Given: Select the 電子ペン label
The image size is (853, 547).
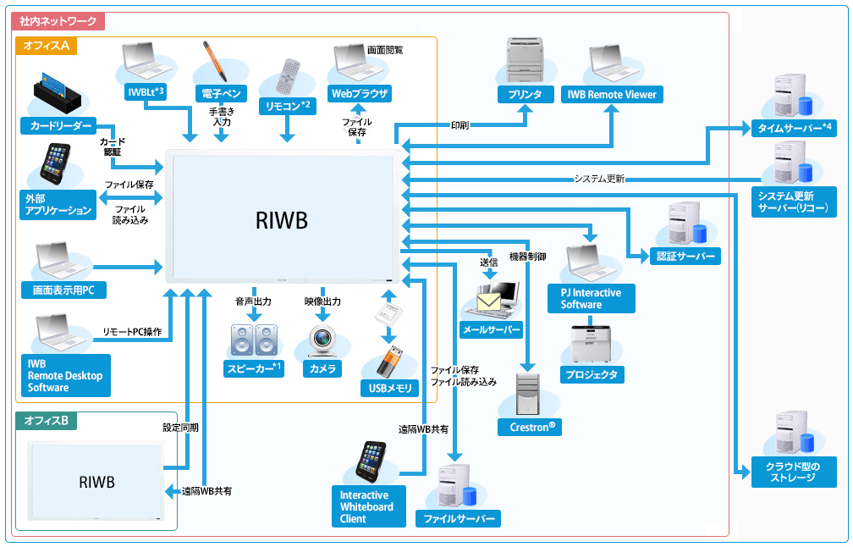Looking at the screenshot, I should pos(220,92).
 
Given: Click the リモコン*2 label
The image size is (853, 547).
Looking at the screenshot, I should pos(289,106).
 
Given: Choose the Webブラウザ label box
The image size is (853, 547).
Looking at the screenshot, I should pos(360,93).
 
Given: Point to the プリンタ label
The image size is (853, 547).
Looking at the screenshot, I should pos(526,94).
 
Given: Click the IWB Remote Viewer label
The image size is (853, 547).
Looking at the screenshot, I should pos(611,94).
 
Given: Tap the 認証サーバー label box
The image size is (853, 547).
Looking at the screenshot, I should pos(685,256).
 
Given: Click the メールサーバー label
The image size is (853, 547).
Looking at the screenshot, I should pos(491,329).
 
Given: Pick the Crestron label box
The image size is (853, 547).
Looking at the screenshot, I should pos(530,427).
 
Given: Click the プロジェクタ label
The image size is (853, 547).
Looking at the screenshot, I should pos(592,374).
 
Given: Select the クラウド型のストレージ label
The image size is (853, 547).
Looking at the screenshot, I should pos(792,472).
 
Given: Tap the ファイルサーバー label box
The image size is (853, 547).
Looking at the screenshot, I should pos(458,518).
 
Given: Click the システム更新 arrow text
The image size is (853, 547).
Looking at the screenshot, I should pos(598,179).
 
